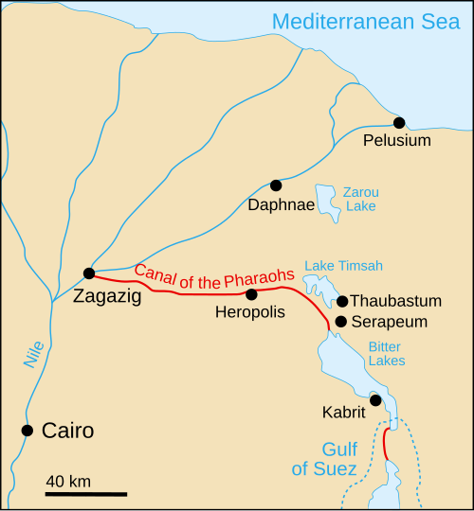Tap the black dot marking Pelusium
tap(399, 122)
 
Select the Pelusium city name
tap(397, 141)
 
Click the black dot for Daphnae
tap(276, 185)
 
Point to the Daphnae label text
tap(276, 204)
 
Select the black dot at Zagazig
tap(88, 273)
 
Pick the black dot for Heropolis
tap(251, 294)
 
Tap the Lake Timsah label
tap(342, 264)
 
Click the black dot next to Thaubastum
tap(342, 301)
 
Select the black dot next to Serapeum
tap(340, 322)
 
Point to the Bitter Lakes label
tap(386, 354)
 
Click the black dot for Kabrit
tap(375, 400)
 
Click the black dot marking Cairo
tap(27, 431)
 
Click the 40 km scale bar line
tap(85, 493)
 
